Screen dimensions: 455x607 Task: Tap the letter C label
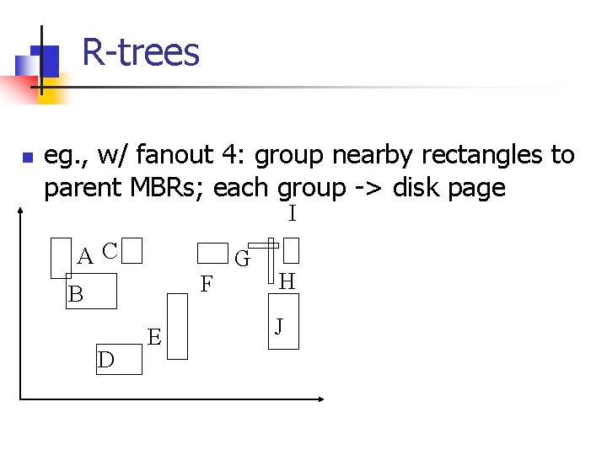(109, 250)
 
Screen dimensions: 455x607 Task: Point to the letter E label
(154, 338)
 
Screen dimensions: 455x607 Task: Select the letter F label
(207, 285)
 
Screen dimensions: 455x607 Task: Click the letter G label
(241, 259)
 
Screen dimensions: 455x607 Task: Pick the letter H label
(287, 281)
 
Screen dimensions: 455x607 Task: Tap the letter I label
(292, 214)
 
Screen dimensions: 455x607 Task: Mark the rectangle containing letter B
(91, 292)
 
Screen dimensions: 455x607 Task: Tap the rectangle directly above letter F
(212, 253)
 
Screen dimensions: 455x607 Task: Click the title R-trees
(141, 52)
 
